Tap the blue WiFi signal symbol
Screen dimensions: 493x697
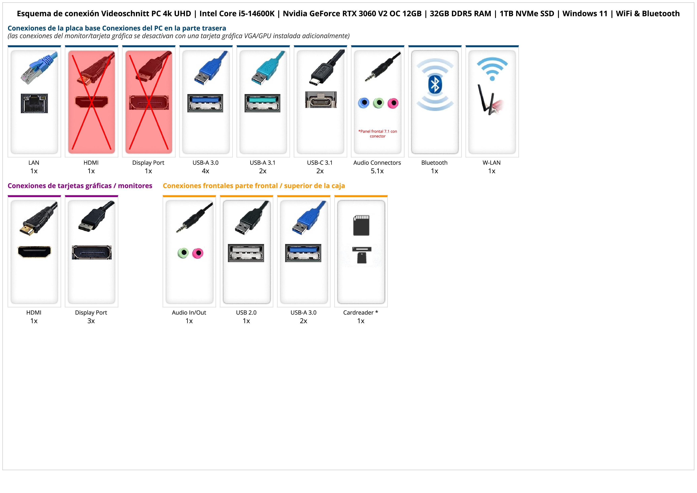click(492, 69)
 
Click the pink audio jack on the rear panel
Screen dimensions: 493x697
click(393, 103)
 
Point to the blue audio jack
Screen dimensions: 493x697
click(364, 103)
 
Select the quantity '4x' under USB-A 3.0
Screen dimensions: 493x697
click(205, 171)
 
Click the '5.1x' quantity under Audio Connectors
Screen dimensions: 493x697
click(377, 171)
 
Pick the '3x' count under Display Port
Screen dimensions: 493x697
click(91, 321)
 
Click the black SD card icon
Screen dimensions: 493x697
click(361, 225)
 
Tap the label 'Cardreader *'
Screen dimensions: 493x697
click(360, 313)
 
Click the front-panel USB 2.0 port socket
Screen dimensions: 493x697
click(246, 253)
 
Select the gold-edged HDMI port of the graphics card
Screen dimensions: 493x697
click(34, 252)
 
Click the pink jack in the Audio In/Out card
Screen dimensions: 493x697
click(198, 253)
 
